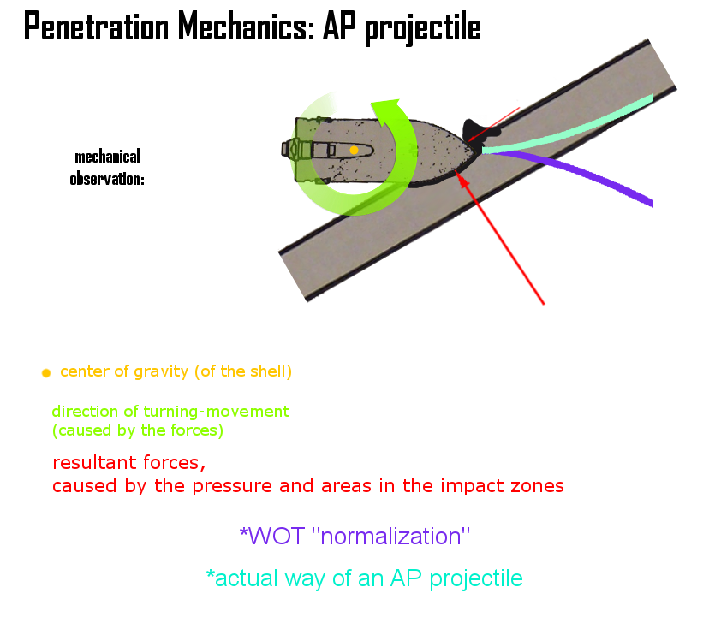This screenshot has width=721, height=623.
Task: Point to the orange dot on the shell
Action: [x=353, y=150]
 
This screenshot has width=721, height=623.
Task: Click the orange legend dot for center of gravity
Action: [x=46, y=373]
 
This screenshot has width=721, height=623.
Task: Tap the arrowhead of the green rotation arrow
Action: [x=388, y=112]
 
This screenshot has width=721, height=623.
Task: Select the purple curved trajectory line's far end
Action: [x=651, y=203]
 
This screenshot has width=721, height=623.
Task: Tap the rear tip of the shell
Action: [x=285, y=149]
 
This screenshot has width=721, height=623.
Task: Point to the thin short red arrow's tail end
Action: [x=519, y=109]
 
